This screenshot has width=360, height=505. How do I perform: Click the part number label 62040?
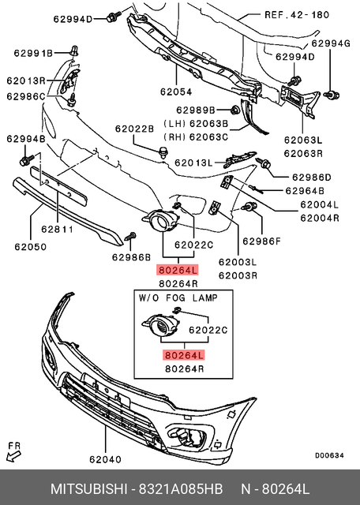105,458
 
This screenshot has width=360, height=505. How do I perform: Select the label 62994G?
330,43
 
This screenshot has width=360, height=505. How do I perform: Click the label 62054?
175,92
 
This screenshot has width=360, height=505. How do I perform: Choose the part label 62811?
56,231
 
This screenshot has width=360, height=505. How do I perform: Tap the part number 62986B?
131,256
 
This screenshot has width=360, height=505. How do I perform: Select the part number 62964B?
303,190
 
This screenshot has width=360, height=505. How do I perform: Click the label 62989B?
196,110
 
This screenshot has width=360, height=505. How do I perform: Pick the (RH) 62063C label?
195,137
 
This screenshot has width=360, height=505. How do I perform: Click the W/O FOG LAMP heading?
178,298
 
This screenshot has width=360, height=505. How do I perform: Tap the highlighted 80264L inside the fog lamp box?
182,354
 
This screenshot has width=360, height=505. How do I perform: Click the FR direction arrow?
13,450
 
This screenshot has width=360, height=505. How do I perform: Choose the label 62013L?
193,163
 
